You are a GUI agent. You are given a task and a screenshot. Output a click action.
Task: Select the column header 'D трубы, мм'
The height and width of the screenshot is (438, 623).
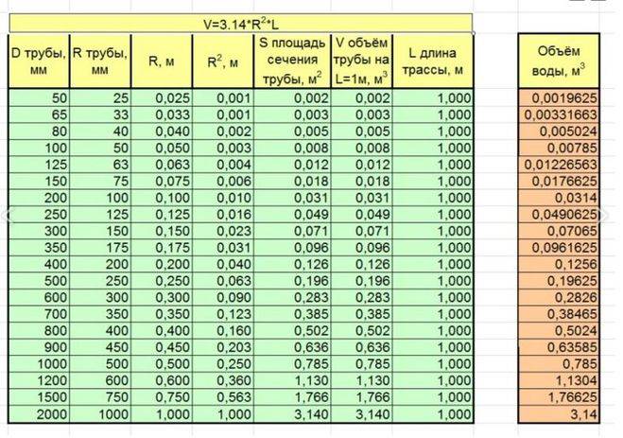pos(39,61)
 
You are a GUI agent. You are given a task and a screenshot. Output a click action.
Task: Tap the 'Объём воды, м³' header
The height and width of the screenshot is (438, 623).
pos(562,61)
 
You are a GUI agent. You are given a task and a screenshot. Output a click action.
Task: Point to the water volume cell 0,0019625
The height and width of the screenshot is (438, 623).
pos(562,97)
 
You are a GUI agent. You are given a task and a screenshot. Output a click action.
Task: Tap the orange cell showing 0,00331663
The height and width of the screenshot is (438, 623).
pos(562,114)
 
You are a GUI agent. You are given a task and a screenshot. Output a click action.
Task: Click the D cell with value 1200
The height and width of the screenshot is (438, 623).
pos(39,382)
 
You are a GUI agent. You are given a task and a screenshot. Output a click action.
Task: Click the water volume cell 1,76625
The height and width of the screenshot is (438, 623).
pos(562,399)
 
